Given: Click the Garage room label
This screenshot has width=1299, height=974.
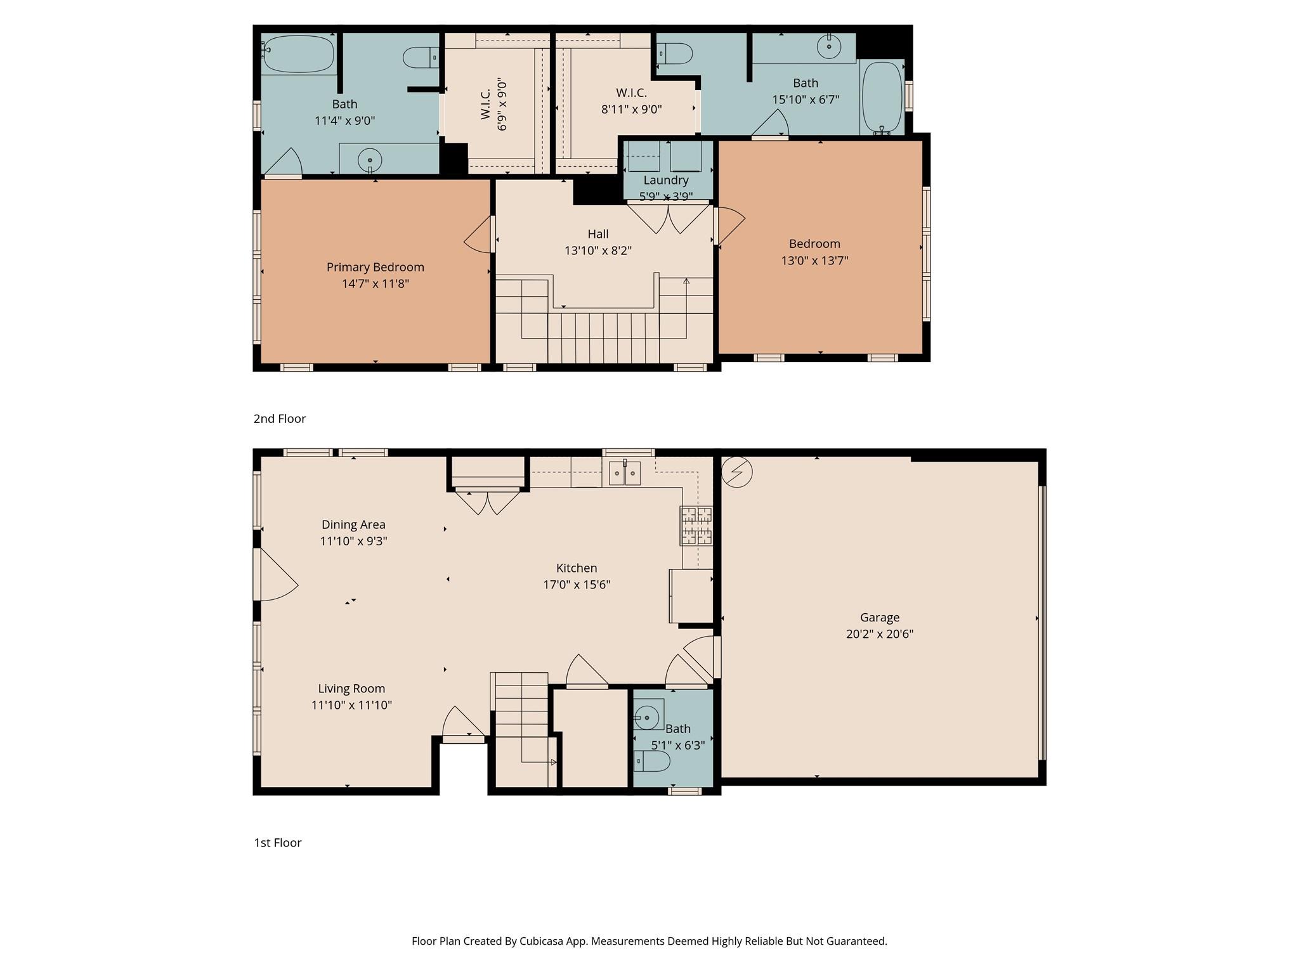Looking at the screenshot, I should [x=879, y=617].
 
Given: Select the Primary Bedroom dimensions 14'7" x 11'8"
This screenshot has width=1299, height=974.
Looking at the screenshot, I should [x=375, y=283].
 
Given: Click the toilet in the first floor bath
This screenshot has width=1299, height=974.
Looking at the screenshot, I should [x=652, y=761].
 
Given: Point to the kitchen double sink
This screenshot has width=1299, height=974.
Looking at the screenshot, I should [x=625, y=473].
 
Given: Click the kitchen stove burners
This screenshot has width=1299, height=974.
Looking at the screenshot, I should [x=696, y=526].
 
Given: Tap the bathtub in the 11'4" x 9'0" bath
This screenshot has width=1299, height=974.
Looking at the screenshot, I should [x=298, y=54].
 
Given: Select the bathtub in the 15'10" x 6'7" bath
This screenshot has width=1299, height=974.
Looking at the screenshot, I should [x=882, y=96].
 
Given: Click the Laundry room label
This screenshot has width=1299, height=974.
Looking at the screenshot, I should [x=665, y=180].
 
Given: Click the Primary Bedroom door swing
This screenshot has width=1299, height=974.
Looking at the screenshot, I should [x=480, y=236].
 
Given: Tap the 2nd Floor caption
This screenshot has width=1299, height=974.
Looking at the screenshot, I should [x=280, y=419].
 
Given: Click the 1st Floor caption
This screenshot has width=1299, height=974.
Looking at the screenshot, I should [x=278, y=843].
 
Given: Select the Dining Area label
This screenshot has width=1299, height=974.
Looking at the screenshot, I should [x=353, y=524].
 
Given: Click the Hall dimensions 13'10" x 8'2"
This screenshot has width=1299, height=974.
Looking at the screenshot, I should [x=597, y=250].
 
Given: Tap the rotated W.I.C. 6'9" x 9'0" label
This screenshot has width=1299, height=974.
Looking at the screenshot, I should [x=493, y=105].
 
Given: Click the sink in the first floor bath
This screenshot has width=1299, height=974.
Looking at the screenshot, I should [x=648, y=717].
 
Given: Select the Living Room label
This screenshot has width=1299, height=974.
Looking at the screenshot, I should [x=351, y=689].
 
